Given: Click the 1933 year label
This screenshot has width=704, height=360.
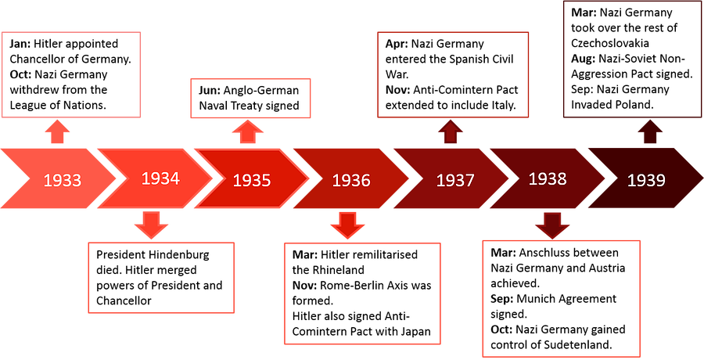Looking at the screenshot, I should [63, 180].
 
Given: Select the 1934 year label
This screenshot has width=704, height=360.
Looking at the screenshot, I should [160, 178].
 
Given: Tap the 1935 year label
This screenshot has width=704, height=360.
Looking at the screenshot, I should [252, 181].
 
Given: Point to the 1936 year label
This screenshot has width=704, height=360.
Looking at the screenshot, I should [351, 181].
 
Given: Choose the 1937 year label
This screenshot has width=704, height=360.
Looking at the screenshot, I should [455, 181].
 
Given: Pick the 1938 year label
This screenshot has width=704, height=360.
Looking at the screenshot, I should [548, 179].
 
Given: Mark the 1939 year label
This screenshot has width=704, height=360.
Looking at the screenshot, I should [646, 181].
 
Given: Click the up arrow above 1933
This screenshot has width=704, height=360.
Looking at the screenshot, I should [56, 131].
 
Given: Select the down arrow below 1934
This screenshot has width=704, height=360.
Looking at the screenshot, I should [150, 225].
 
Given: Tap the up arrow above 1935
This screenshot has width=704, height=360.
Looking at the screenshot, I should [247, 132].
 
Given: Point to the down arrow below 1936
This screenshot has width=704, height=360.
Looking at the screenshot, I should [347, 225].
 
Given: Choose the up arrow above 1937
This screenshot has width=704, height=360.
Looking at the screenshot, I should [450, 131].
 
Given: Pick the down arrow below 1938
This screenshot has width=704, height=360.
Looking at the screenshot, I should [552, 225].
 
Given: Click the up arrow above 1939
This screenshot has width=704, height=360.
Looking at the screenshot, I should [649, 131].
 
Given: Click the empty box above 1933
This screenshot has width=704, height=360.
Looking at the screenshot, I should [71, 74].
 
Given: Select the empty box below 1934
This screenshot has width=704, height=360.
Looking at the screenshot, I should [161, 278].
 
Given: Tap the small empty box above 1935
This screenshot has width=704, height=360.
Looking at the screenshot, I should [251, 98].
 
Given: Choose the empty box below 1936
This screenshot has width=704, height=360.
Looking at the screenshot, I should [362, 293].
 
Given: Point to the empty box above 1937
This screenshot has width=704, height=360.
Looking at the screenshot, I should [454, 74].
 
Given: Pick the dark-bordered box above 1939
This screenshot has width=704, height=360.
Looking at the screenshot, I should [632, 60].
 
